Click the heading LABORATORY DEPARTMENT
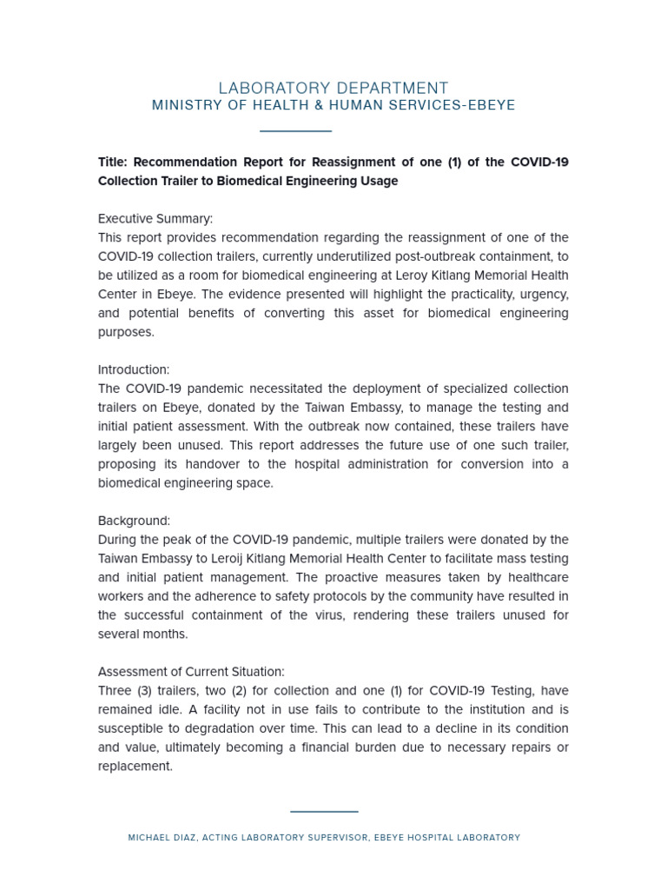coord(333,88)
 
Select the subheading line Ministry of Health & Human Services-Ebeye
coord(333,105)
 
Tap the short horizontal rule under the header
coord(295,131)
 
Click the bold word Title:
coord(113,163)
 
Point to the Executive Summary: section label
coord(155,219)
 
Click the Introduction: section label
coord(134,370)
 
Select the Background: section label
coord(134,521)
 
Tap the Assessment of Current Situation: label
coord(191,672)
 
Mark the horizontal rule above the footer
coord(324,812)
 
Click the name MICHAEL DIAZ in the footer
coord(161,838)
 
